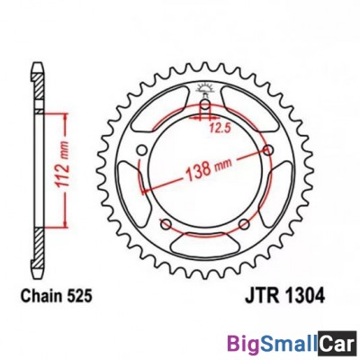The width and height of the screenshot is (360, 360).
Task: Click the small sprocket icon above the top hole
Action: (204, 89)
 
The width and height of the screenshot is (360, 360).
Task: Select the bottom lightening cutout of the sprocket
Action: (204, 240)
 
